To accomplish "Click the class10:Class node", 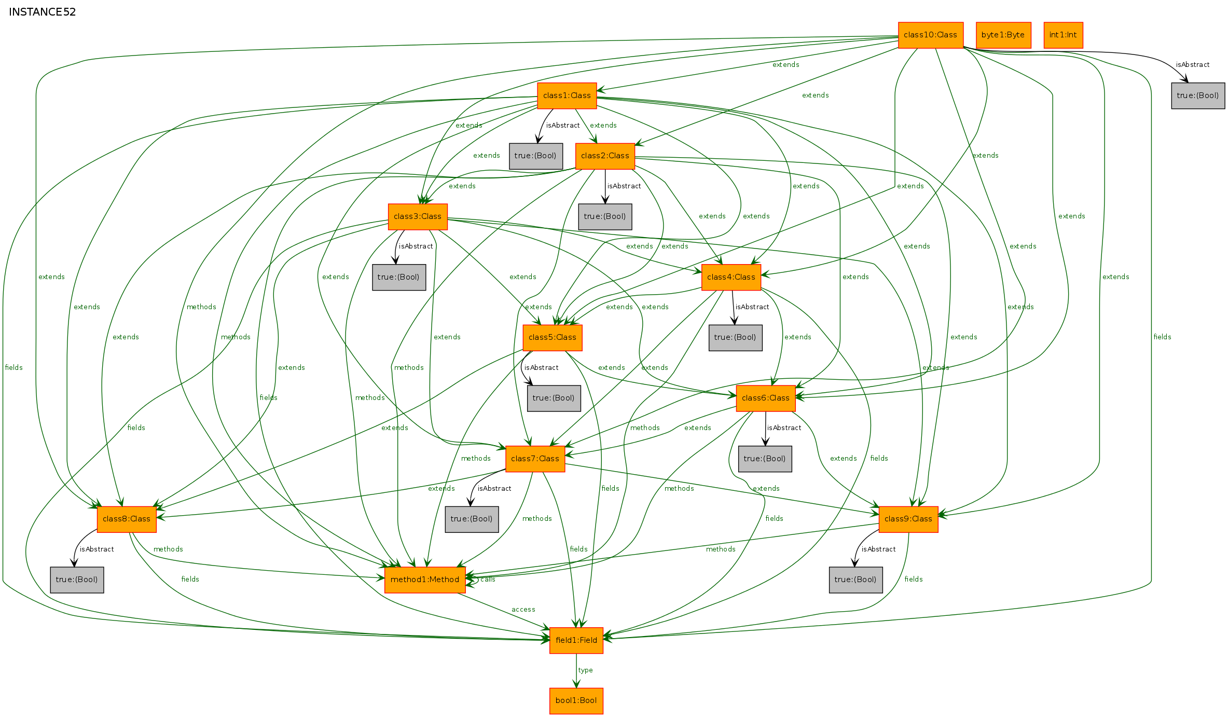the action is point(931,35).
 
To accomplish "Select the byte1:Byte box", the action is point(1003,35).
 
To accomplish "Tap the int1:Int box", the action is point(1063,35).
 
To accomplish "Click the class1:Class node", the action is point(567,95).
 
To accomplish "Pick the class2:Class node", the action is point(605,156).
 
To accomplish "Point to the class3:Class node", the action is point(418,217).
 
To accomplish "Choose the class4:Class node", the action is point(731,278).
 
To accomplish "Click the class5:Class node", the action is point(553,338).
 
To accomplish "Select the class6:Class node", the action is point(766,398).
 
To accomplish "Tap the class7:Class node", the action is point(535,459).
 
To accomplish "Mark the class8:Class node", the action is point(127,519).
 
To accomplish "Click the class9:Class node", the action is point(908,519).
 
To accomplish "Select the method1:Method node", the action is point(425,580).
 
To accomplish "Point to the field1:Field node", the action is point(576,641).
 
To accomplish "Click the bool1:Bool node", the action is point(576,701).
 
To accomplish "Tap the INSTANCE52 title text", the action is point(43,12).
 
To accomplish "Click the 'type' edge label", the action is point(586,670).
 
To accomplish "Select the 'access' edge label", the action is point(523,610).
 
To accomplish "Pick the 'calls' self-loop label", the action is point(488,580).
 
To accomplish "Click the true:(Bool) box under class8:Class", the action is point(77,580).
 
